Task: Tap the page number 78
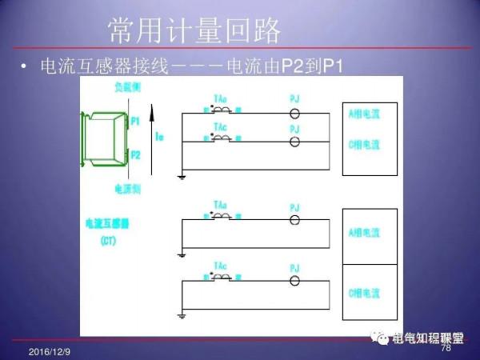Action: (446, 348)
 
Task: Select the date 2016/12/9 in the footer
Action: (49, 352)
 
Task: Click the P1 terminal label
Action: (135, 120)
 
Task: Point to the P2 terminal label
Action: (135, 155)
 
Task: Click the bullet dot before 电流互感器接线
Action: (27, 66)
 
